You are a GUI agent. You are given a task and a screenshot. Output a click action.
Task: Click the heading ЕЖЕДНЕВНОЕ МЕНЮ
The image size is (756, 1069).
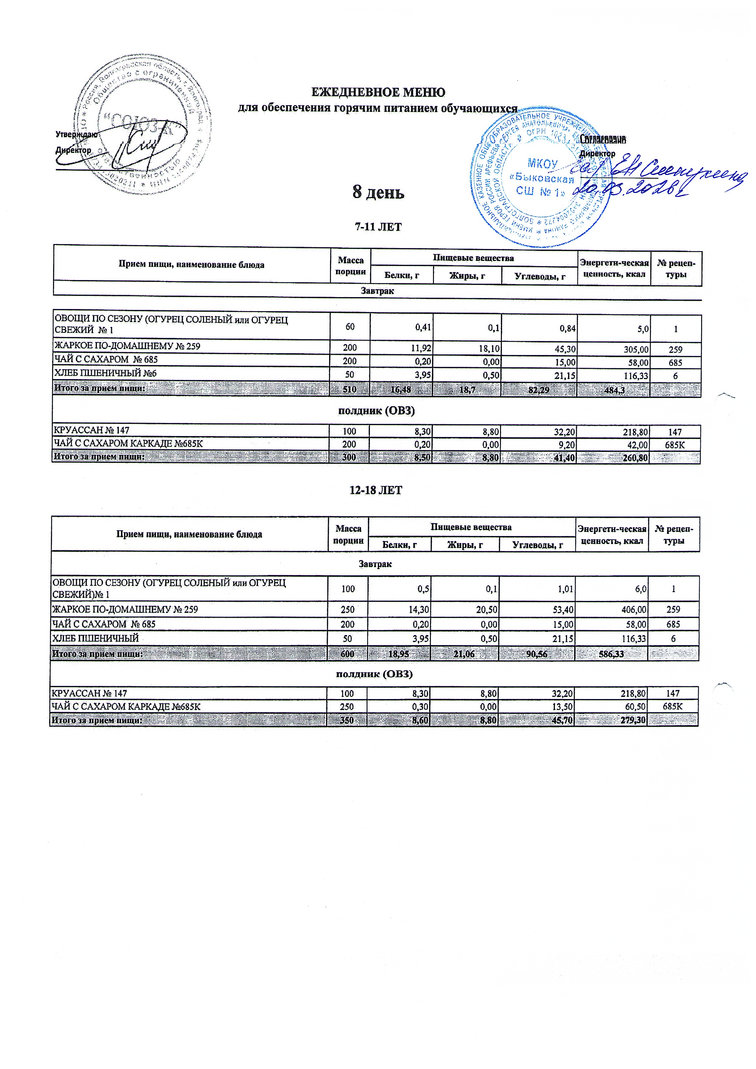[x=378, y=92]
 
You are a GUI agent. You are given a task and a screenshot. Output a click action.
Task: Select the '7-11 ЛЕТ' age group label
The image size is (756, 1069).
[x=378, y=227]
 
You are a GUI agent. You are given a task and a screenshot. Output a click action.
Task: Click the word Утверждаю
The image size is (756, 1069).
[x=76, y=135]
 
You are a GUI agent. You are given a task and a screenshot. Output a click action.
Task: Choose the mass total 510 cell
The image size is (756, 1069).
[x=350, y=390]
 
